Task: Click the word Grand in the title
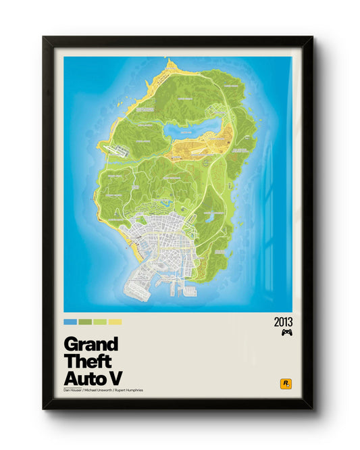(x=90, y=343)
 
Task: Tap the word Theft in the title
(x=87, y=360)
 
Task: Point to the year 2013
(x=284, y=322)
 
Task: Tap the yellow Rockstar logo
(x=286, y=384)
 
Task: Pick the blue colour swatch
(x=70, y=322)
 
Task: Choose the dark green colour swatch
(x=84, y=322)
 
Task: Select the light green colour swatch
(x=100, y=322)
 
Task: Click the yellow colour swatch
(x=115, y=322)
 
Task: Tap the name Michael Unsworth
(x=102, y=390)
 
